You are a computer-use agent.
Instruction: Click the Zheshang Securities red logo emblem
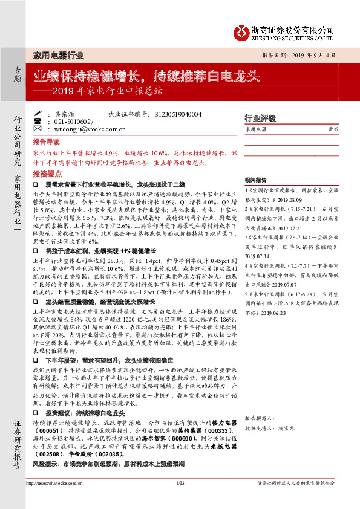[242, 30]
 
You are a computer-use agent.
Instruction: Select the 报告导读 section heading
[46, 141]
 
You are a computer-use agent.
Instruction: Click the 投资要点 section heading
[46, 172]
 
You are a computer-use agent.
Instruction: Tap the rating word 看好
[333, 129]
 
